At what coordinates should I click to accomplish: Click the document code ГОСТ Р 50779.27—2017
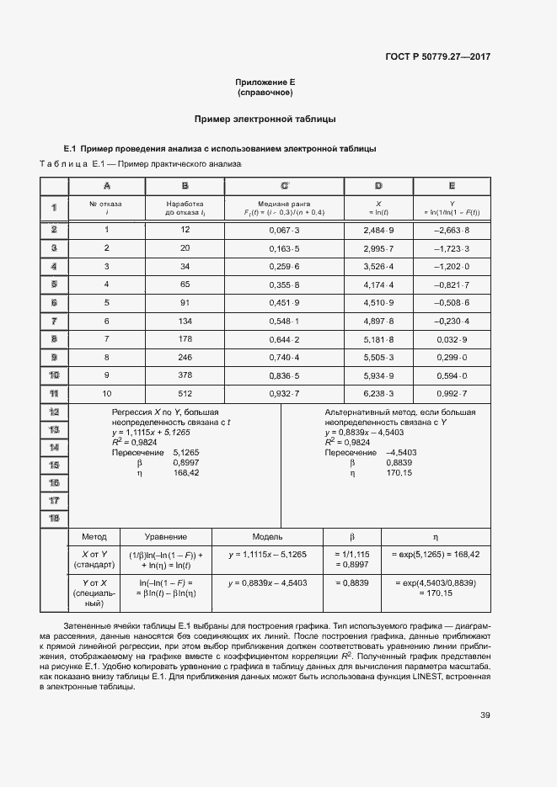point(438,56)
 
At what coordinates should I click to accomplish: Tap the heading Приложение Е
point(265,82)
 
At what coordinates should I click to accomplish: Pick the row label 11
point(53,393)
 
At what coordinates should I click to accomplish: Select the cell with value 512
point(185,393)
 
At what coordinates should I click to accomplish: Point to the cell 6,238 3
point(378,393)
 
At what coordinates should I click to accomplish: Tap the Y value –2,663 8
point(452,230)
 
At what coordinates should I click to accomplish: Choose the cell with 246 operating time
point(185,357)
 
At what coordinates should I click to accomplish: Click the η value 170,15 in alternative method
point(399,473)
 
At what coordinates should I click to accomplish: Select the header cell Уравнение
point(166,537)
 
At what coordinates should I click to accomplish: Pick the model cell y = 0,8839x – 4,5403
point(267,582)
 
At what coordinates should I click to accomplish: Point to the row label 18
point(53,518)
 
